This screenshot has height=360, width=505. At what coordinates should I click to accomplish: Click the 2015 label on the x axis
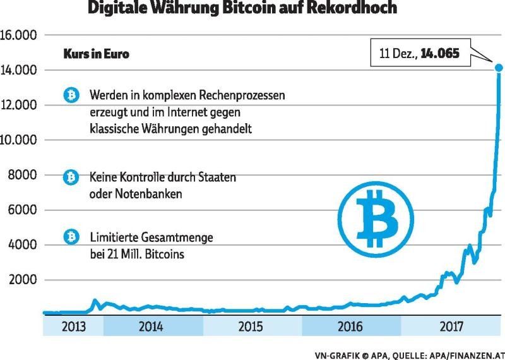click(251, 327)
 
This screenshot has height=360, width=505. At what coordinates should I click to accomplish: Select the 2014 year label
click(150, 327)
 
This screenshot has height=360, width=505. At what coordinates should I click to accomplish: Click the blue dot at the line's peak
click(499, 68)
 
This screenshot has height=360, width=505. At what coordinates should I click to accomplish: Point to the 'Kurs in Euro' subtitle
click(96, 54)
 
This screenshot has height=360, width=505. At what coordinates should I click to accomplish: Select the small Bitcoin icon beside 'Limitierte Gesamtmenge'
click(72, 237)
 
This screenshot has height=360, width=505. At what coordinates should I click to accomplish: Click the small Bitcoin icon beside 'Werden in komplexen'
click(72, 96)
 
